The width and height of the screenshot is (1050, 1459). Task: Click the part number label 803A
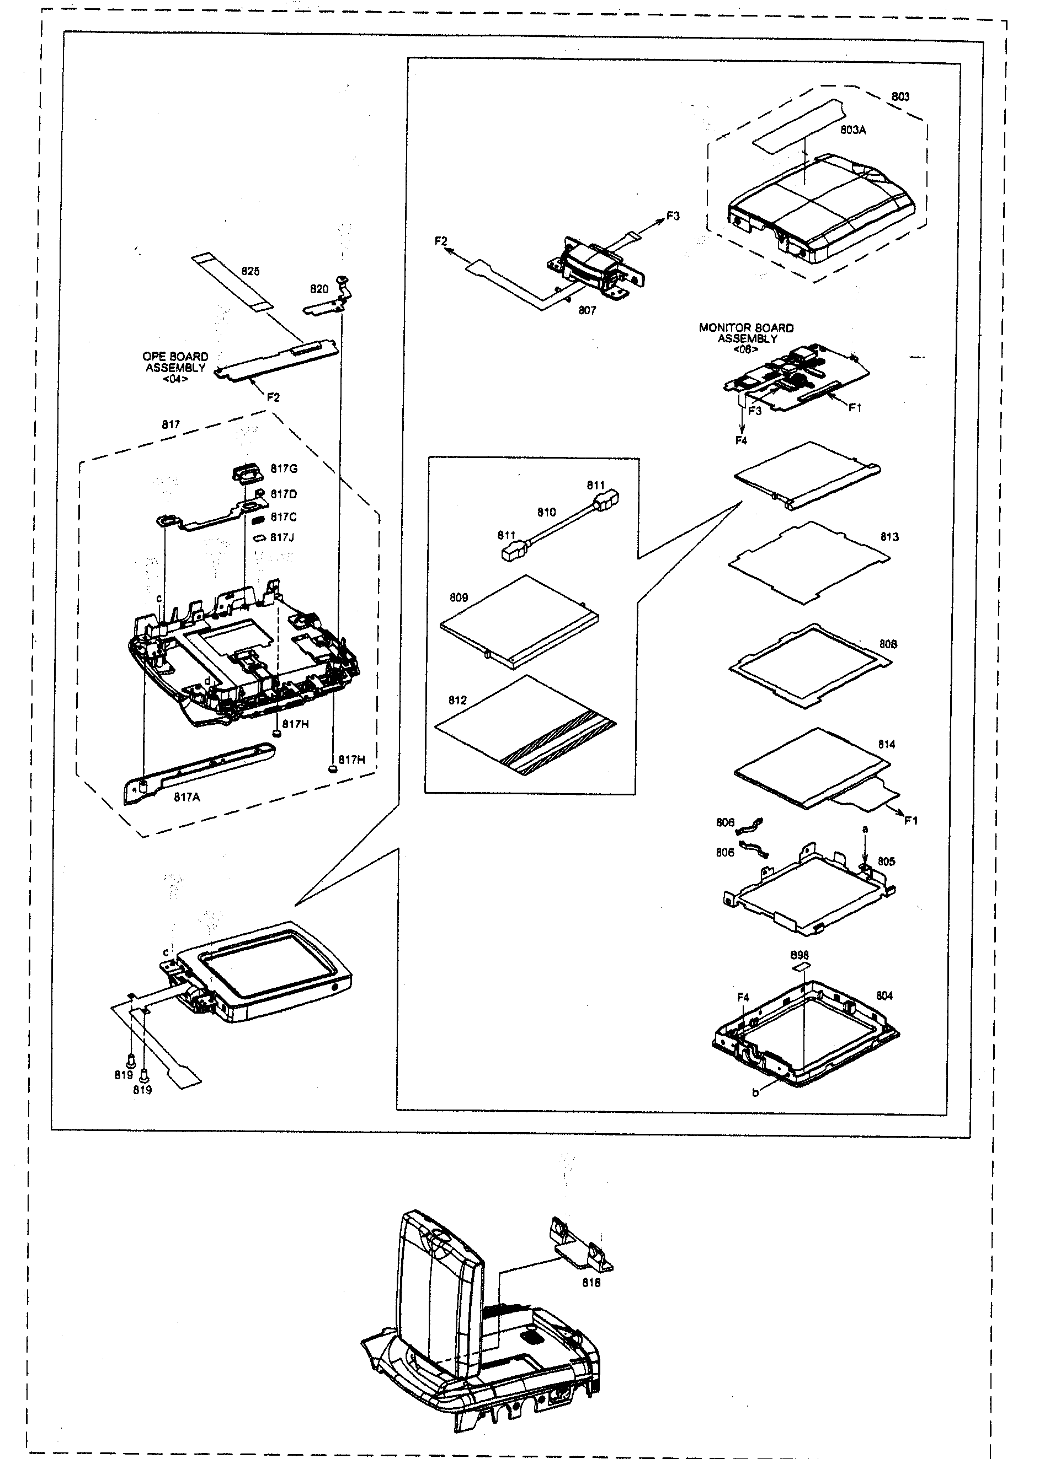tap(852, 130)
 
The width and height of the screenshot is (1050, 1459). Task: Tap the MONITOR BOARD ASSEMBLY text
tap(746, 333)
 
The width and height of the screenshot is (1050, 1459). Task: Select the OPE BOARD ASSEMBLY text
tap(175, 362)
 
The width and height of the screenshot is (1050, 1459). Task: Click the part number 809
tap(459, 597)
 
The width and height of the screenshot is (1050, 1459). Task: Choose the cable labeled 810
tap(560, 523)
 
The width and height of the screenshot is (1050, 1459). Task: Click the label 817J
tap(282, 537)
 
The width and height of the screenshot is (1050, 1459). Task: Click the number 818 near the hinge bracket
tap(591, 1283)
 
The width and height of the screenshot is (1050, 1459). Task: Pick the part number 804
tap(884, 996)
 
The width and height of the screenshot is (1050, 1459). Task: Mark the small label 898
tap(800, 955)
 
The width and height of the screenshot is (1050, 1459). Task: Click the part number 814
tap(887, 744)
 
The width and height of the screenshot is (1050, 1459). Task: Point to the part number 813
tap(889, 536)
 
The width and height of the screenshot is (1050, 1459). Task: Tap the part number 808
tap(888, 644)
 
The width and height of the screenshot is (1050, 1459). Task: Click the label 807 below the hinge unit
tap(587, 310)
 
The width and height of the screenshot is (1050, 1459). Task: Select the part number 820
tap(319, 289)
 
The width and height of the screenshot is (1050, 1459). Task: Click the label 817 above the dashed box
tap(170, 424)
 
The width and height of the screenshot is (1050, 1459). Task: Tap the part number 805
tap(886, 862)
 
